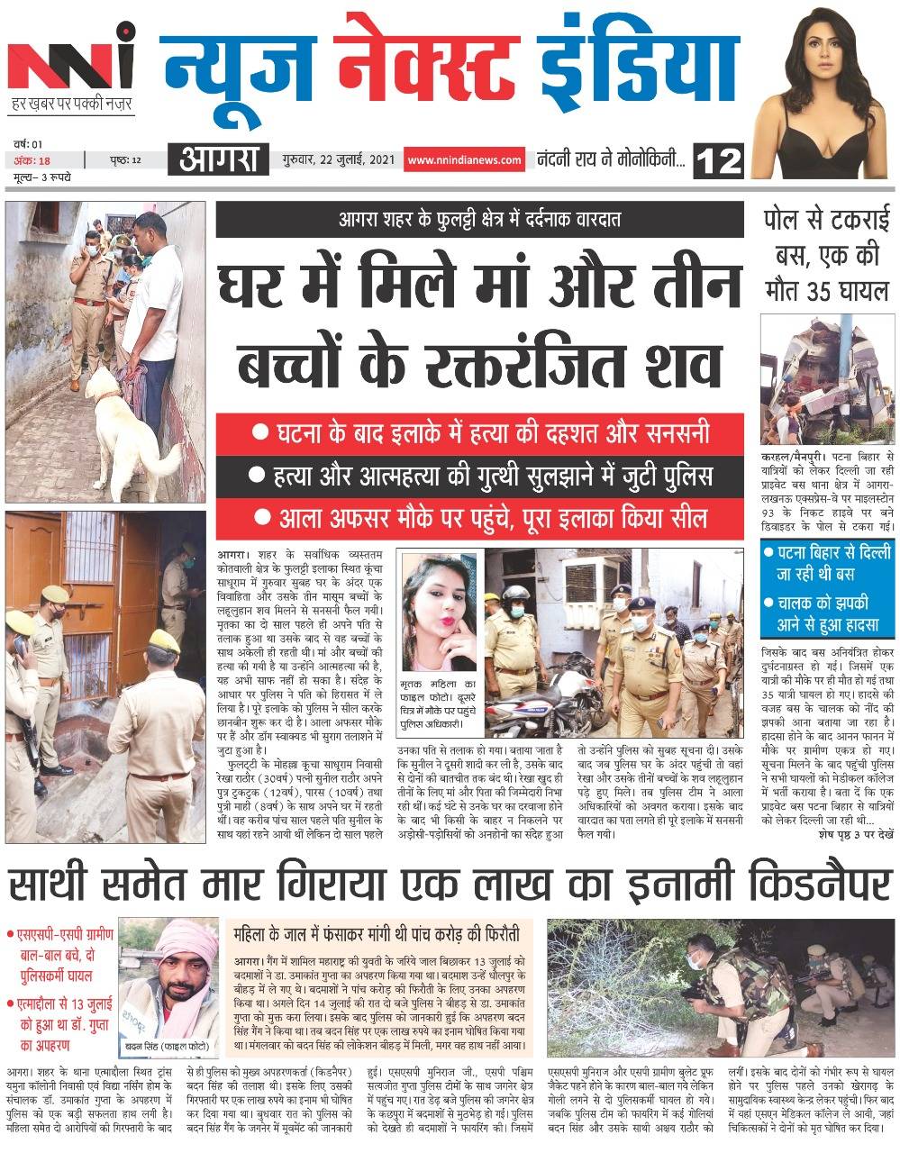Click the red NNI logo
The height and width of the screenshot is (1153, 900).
coord(69,68)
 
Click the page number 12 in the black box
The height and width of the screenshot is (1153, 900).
coord(719,161)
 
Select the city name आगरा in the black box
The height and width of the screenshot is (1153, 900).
coord(218,160)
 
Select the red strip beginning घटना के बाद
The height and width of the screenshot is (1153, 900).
coord(479,432)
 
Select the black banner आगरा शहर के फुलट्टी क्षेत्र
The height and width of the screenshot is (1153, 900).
coord(479,219)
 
